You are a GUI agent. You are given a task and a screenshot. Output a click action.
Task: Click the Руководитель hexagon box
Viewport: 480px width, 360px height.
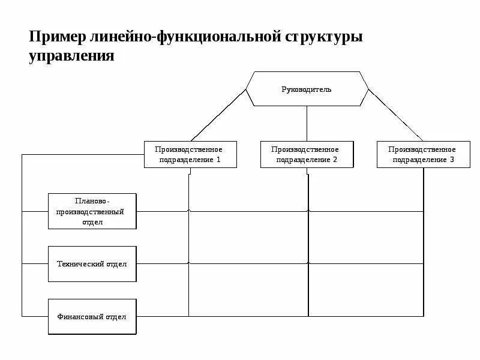point(307,89)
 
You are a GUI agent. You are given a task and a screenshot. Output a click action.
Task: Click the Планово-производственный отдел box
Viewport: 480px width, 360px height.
point(92,211)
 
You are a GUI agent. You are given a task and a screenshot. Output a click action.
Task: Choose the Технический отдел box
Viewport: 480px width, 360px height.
point(92,264)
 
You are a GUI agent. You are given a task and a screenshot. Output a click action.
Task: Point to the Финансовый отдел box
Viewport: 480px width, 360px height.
point(92,316)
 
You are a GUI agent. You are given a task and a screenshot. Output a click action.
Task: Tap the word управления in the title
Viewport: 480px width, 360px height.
point(71,56)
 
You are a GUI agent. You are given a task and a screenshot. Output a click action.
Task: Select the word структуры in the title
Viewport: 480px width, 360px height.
point(324,37)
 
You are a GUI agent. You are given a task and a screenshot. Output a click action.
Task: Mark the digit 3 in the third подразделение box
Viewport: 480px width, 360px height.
point(452,160)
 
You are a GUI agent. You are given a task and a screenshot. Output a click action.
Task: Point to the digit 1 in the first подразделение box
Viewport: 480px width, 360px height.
point(218,160)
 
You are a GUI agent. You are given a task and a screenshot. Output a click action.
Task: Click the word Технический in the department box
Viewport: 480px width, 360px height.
point(81,264)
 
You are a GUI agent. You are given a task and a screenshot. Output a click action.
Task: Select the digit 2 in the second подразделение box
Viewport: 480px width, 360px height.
point(335,160)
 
